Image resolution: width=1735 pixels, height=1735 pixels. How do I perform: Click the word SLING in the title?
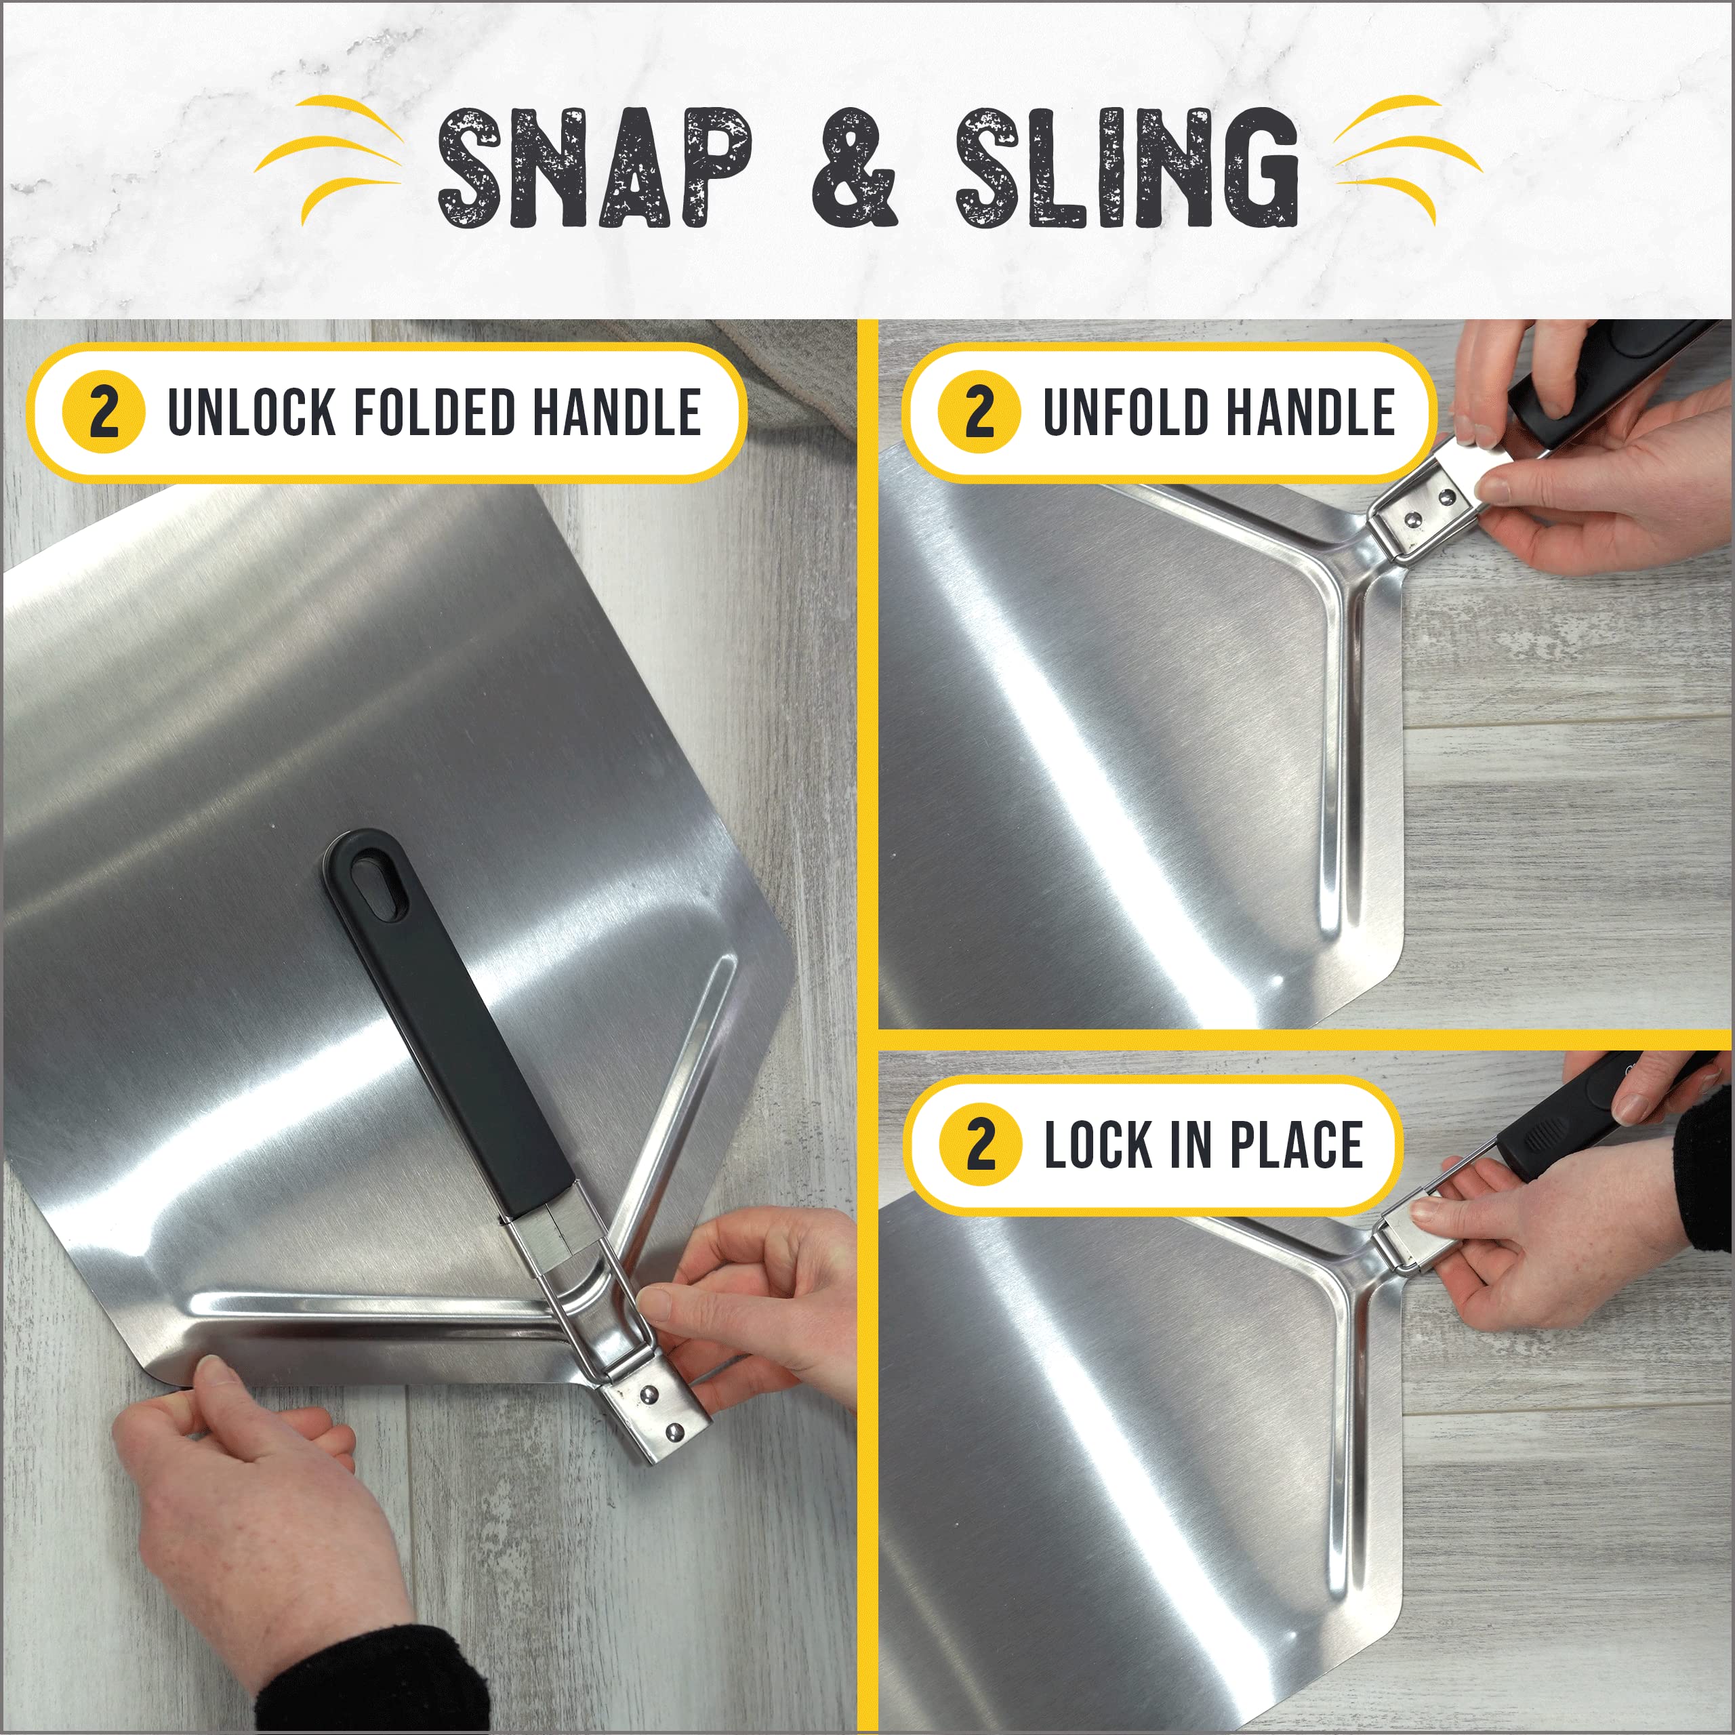click(1127, 168)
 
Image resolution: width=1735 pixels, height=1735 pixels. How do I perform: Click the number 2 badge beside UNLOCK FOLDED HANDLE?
click(103, 413)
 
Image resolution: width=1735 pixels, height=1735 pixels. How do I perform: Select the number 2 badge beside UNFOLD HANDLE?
click(979, 413)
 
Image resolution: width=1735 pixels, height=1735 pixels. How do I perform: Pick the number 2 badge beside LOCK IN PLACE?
click(981, 1145)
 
